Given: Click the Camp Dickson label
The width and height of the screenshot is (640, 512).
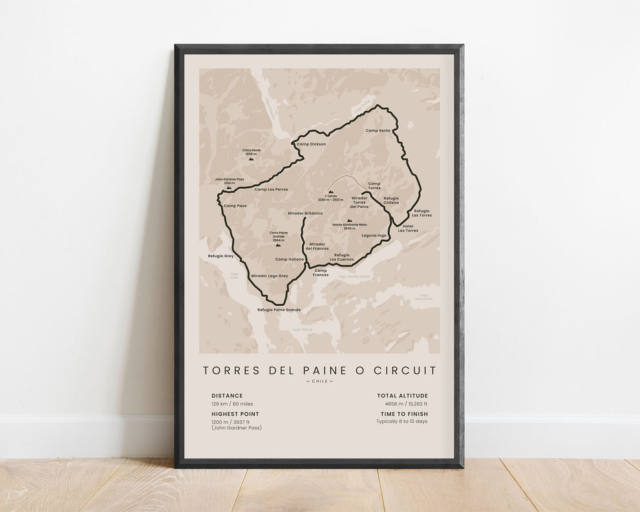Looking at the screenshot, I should pyautogui.click(x=312, y=144).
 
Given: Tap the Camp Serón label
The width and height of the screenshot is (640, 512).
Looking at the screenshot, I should pyautogui.click(x=378, y=131).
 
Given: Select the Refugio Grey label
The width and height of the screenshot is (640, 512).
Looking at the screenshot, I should pyautogui.click(x=220, y=256).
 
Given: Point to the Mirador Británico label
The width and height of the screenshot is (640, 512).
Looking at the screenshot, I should pyautogui.click(x=305, y=213).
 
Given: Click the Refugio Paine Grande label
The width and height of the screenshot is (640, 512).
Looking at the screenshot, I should pyautogui.click(x=279, y=310).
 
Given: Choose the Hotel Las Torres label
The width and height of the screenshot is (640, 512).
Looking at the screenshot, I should pyautogui.click(x=408, y=228).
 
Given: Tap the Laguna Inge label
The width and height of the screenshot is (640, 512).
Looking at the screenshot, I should pyautogui.click(x=374, y=235).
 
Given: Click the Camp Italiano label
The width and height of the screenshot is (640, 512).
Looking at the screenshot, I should pyautogui.click(x=289, y=259).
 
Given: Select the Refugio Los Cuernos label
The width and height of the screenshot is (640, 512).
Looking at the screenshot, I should pyautogui.click(x=343, y=257).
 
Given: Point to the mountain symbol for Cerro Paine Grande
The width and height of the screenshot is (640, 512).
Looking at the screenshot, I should pyautogui.click(x=279, y=245).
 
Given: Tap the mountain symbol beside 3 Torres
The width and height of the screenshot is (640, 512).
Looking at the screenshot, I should pyautogui.click(x=331, y=191).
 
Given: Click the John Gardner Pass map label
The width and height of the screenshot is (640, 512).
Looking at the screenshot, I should pyautogui.click(x=229, y=181).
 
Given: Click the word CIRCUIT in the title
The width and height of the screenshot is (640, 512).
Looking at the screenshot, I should pyautogui.click(x=407, y=370).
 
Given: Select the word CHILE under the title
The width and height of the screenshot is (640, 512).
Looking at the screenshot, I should pyautogui.click(x=319, y=381).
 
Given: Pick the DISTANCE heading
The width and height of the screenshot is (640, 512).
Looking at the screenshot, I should pyautogui.click(x=227, y=396).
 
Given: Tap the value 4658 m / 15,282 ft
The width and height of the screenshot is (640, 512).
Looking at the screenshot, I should pyautogui.click(x=402, y=404).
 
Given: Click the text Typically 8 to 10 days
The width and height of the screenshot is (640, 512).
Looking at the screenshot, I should pyautogui.click(x=402, y=421).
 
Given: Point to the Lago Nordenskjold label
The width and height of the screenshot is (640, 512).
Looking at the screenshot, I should pyautogui.click(x=354, y=276).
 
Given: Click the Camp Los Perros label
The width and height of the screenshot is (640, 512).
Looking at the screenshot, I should pyautogui.click(x=271, y=189).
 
